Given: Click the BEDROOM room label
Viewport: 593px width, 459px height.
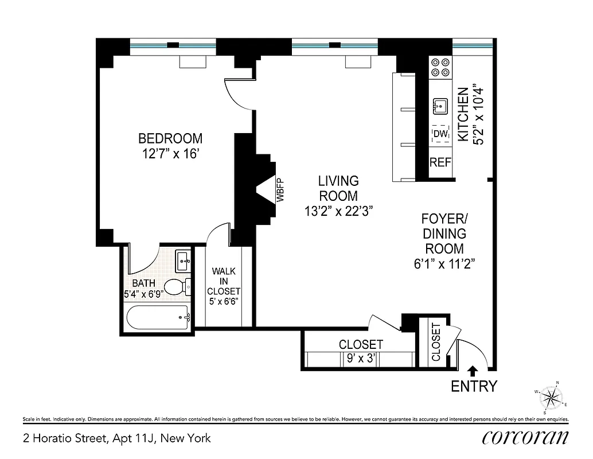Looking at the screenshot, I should pos(170,138).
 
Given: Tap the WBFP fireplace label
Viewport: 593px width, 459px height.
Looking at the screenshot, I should pos(280,189).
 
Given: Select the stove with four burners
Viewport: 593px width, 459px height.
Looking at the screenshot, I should pos(440,68).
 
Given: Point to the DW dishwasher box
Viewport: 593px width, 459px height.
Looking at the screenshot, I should pos(440,134).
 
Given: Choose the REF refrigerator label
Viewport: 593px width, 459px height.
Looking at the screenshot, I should pos(440,162).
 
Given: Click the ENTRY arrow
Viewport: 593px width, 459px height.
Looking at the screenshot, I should pos(473,371).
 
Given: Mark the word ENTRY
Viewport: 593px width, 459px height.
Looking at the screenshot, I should pos(474,386).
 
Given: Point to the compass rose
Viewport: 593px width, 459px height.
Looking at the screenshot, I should pos(552,397).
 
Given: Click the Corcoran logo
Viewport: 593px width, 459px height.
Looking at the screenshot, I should pos(525,437).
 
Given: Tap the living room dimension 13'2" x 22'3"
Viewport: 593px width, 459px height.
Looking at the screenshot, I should pos(340,211).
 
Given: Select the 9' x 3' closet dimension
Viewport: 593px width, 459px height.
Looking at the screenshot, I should pos(361,360).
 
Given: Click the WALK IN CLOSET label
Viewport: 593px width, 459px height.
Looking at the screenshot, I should pos(224,281).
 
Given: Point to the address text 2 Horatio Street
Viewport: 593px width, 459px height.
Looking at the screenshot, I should pos(116,439).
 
